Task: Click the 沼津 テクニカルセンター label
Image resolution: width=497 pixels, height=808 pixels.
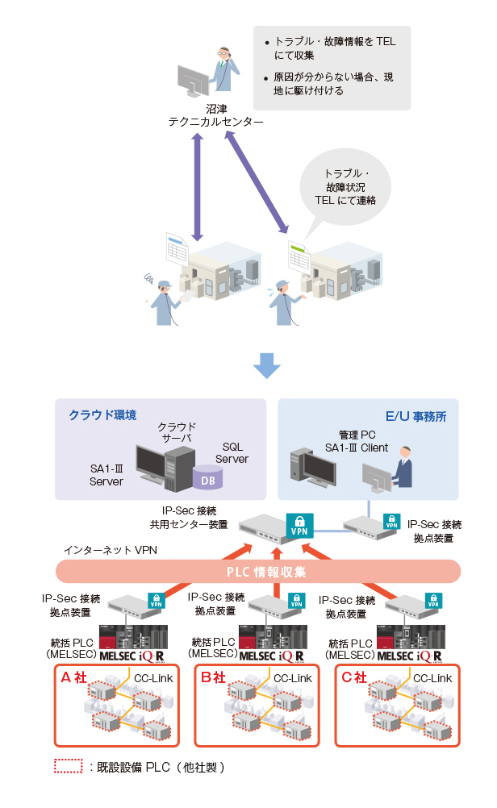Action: pos(215,115)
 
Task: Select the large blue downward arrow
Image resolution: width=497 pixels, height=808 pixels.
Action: pos(266,364)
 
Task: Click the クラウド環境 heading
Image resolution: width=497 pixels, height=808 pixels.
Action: pos(102,415)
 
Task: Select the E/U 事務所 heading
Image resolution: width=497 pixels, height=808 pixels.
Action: pos(416,416)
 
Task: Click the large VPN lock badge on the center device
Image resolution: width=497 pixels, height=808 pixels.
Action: pos(299,525)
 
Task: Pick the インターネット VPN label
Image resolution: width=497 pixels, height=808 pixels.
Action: pos(105,550)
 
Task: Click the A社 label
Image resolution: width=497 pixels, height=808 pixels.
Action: pos(74,677)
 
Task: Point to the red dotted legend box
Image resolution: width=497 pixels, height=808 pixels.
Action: pos(68,767)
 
